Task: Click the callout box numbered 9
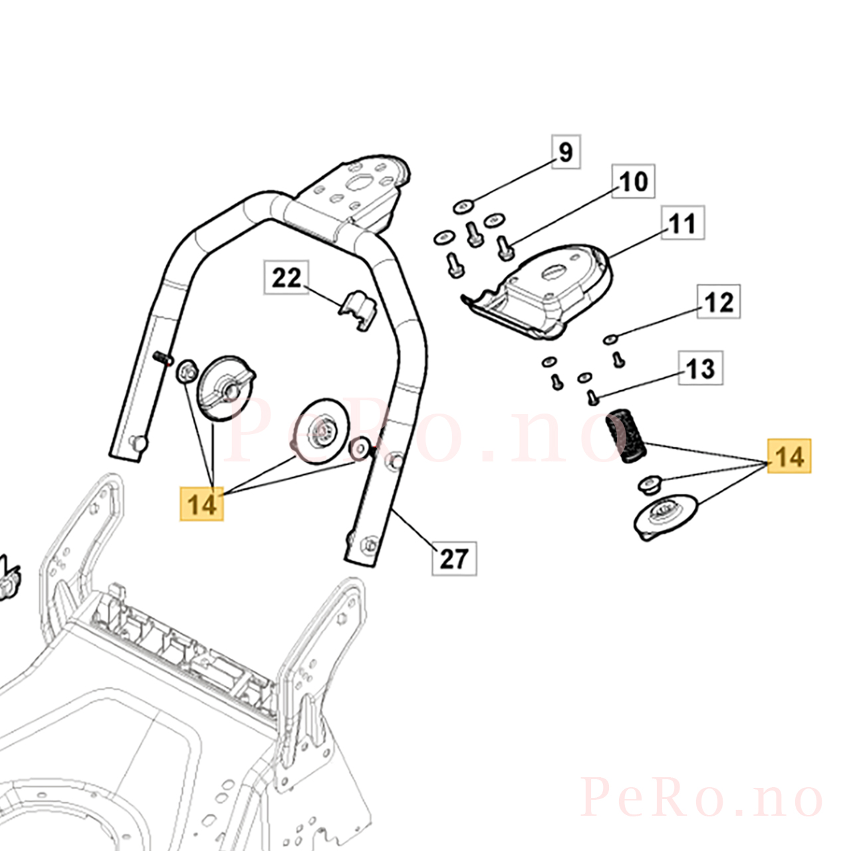click(x=566, y=152)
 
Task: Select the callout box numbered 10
click(x=633, y=181)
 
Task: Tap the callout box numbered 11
click(x=683, y=223)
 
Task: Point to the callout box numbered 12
click(x=719, y=302)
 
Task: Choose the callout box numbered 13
click(x=701, y=368)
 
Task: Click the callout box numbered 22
click(x=287, y=277)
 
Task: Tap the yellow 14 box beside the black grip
click(x=789, y=456)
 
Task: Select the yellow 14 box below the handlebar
click(x=201, y=504)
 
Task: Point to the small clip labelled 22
click(x=358, y=310)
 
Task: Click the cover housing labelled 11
click(x=537, y=293)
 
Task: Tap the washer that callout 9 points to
click(x=463, y=206)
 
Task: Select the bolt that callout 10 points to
click(x=505, y=247)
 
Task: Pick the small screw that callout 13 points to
click(x=592, y=398)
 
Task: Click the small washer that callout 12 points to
click(x=610, y=339)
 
